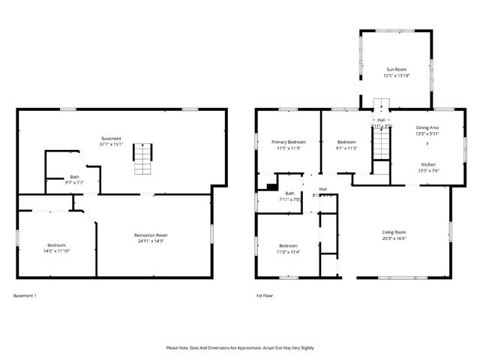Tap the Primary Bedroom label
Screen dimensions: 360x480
289,142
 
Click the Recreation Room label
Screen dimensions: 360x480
151,235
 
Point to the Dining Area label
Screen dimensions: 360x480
427,127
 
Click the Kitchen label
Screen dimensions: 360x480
428,164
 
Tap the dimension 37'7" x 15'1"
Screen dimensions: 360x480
112,144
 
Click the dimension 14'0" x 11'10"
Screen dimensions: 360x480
57,251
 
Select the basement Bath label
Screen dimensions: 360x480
75,176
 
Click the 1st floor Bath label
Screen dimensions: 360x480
289,193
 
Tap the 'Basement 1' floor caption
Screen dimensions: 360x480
25,295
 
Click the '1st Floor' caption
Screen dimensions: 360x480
264,295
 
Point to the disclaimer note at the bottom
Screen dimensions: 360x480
240,348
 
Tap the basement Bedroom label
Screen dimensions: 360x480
57,245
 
